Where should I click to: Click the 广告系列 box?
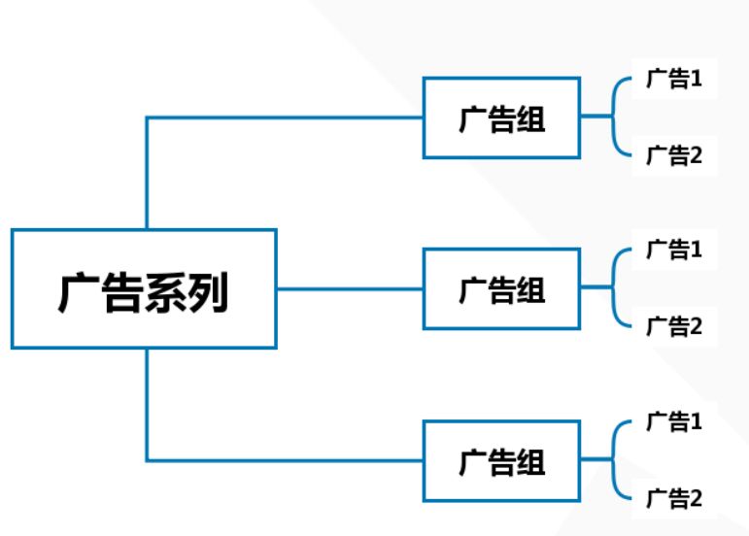point(144,288)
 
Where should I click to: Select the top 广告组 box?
point(501,117)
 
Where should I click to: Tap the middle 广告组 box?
point(501,288)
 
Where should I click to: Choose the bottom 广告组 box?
point(501,460)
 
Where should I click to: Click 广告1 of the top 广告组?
point(674,80)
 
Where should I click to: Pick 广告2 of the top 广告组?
point(674,155)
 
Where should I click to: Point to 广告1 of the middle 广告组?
point(674,251)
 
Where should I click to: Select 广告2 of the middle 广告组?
point(674,326)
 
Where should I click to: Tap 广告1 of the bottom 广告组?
point(674,422)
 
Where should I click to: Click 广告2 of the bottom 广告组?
point(674,498)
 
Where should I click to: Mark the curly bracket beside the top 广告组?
point(615,117)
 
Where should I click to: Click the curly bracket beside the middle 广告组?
point(615,288)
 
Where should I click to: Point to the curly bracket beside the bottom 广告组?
point(615,460)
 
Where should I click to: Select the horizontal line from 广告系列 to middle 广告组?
point(350,288)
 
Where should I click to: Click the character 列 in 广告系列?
point(207,290)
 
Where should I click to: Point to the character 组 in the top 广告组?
point(530,118)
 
